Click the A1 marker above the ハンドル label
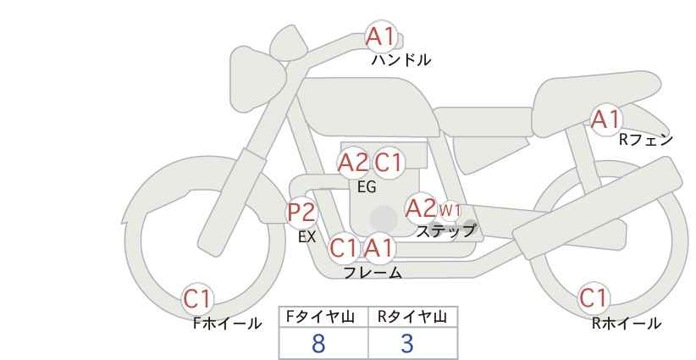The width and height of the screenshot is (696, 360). [x=381, y=36]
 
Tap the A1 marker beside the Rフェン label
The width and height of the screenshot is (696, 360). [x=605, y=119]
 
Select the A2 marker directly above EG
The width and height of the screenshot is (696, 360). [x=353, y=163]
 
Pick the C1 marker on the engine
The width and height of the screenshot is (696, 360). [x=388, y=163]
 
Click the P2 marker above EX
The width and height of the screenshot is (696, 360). [x=301, y=212]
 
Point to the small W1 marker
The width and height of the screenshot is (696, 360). [x=450, y=210]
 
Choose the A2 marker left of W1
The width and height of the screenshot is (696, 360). [x=421, y=208]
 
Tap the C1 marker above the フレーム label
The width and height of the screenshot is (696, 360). [x=344, y=248]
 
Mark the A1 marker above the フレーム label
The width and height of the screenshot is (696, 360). [x=379, y=248]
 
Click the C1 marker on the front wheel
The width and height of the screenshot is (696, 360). [x=197, y=299]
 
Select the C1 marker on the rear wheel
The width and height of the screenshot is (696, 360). [x=594, y=298]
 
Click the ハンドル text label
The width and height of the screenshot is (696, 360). [x=401, y=60]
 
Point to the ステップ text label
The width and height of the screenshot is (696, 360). [x=446, y=231]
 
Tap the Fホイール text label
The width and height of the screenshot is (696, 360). [x=227, y=324]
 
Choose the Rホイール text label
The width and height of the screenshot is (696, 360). [x=627, y=324]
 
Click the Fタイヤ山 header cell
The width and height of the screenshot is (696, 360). [x=323, y=317]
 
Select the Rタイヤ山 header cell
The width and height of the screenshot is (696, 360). [x=413, y=317]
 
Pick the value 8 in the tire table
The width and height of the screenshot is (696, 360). [x=318, y=344]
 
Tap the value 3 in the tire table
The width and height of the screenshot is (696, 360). [x=407, y=344]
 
